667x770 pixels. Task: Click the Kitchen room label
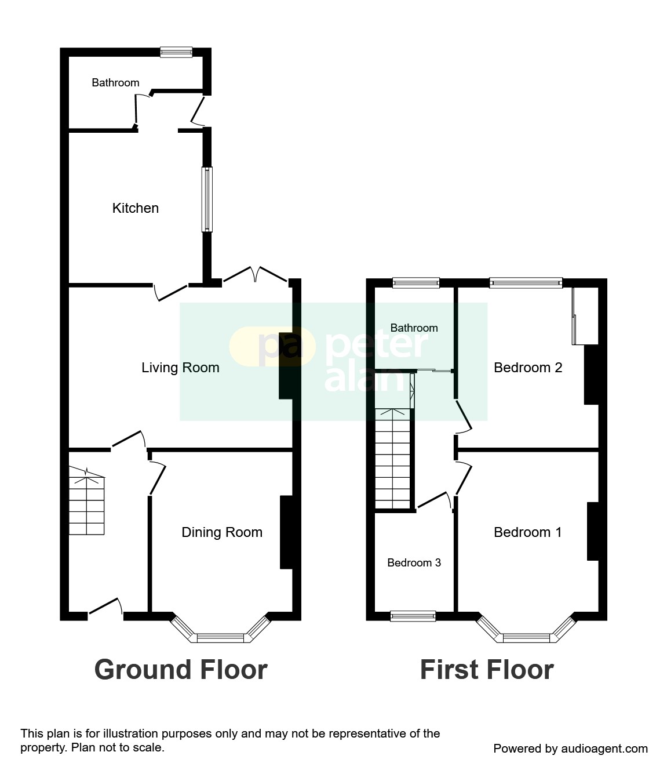tap(135, 208)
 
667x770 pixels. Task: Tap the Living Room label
tap(180, 368)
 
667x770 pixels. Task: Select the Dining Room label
tap(222, 532)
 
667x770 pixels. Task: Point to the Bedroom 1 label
tap(527, 532)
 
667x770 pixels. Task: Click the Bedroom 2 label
tap(528, 368)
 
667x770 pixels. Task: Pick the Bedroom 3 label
tap(414, 563)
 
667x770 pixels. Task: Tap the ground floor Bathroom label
tap(115, 83)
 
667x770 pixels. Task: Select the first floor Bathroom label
tap(414, 328)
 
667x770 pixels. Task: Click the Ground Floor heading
tap(180, 670)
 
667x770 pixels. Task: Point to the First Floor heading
tap(486, 670)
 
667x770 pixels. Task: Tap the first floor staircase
tap(393, 458)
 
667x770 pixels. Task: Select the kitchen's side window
tap(207, 199)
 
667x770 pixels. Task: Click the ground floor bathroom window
tap(176, 52)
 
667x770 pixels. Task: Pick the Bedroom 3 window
tap(413, 616)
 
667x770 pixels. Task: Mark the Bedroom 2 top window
tap(526, 283)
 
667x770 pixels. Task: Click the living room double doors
tap(256, 275)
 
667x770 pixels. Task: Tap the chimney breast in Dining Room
tap(286, 532)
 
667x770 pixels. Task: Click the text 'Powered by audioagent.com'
tap(570, 749)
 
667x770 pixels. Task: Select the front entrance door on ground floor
tap(105, 608)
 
